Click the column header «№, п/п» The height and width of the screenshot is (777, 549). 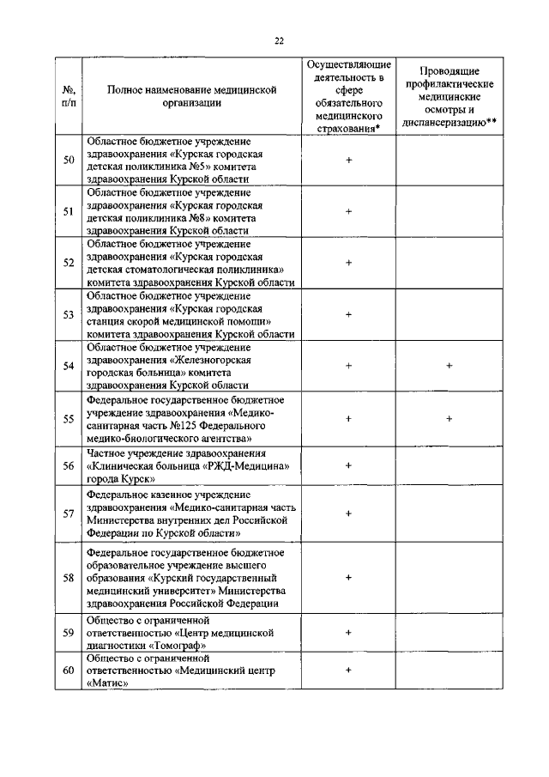pyautogui.click(x=69, y=96)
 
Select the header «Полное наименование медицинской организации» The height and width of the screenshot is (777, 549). pyautogui.click(x=194, y=96)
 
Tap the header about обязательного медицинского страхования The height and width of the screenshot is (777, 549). pyautogui.click(x=348, y=96)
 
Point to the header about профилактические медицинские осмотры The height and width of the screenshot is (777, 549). pyautogui.click(x=449, y=96)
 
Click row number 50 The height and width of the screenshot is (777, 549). pyautogui.click(x=69, y=160)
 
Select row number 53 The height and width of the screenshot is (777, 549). pyautogui.click(x=69, y=315)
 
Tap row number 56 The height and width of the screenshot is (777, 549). pyautogui.click(x=69, y=465)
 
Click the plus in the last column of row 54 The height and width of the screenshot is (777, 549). pyautogui.click(x=449, y=367)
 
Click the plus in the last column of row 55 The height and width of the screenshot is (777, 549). pyautogui.click(x=449, y=419)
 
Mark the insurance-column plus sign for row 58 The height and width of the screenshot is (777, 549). pyautogui.click(x=348, y=579)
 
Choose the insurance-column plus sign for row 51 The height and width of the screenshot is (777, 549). pyautogui.click(x=348, y=211)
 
